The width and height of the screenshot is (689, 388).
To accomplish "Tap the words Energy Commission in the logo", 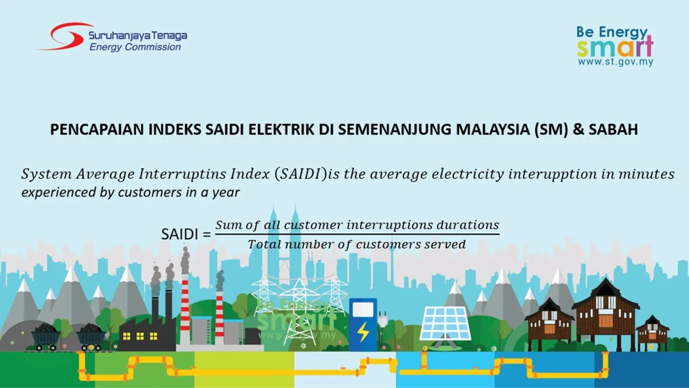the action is tap(135, 47).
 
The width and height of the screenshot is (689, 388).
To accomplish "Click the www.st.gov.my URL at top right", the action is tap(615, 62).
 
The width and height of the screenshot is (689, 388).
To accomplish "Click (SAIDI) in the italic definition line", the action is tap(300, 175).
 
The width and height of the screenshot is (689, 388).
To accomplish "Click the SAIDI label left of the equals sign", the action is tap(179, 234).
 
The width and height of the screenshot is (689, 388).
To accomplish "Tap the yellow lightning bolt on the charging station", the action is tap(363, 332).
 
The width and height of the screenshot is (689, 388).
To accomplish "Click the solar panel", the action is tap(445, 323).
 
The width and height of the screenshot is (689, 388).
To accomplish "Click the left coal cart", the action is tap(46, 336).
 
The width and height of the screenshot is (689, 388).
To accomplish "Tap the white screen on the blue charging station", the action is tap(363, 309).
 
